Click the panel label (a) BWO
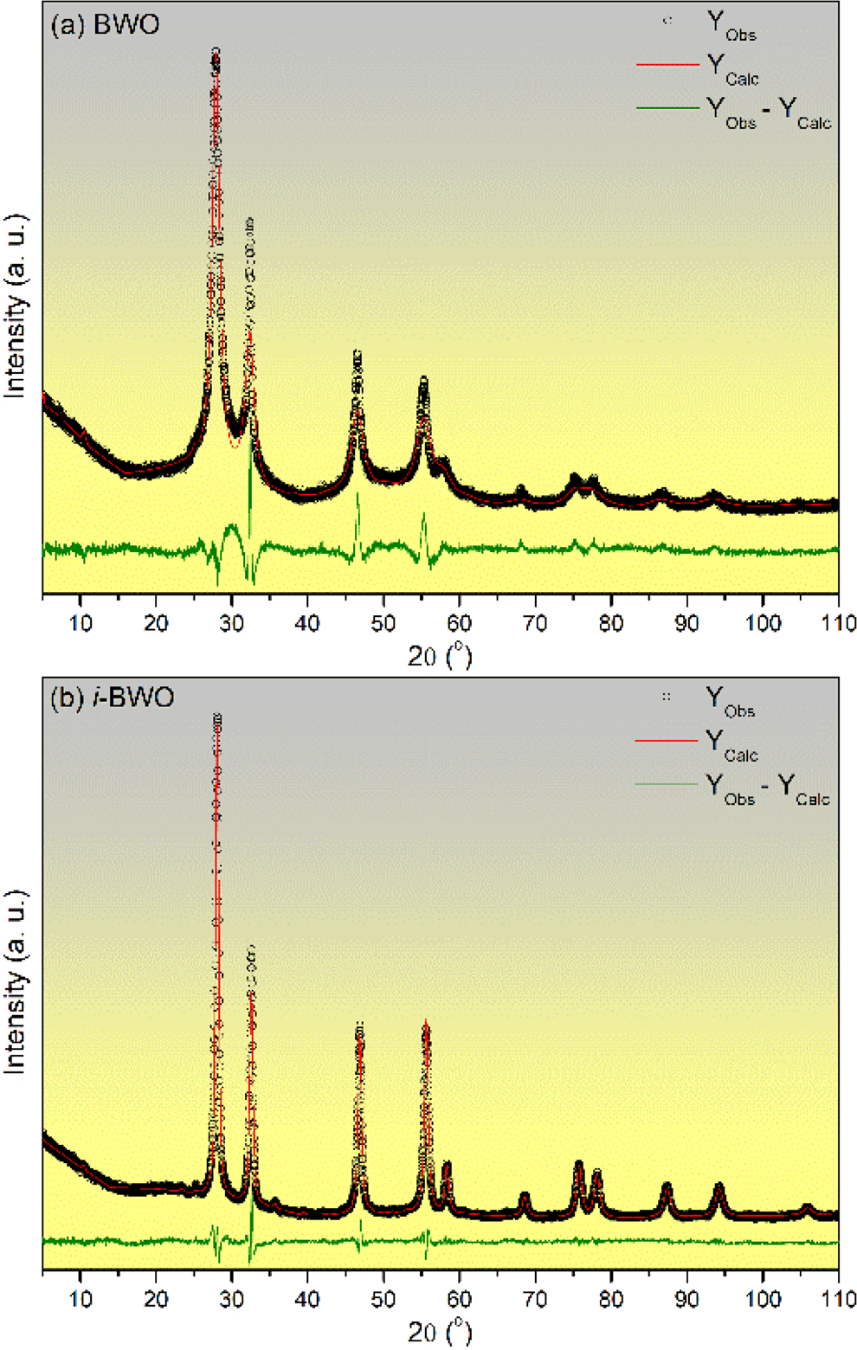coord(105,24)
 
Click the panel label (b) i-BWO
coord(112,697)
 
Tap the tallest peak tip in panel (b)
coord(216,717)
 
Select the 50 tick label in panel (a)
coord(383,623)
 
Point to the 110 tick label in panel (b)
coord(838,1299)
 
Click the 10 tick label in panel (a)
coord(80,623)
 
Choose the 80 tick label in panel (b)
coord(611,1299)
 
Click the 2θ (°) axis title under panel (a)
coord(440,656)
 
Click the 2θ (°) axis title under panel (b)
coord(440,1331)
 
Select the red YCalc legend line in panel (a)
coord(667,65)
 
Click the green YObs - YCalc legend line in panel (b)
coord(666,784)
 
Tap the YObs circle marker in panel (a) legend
coord(667,21)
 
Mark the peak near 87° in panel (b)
coord(666,1186)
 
